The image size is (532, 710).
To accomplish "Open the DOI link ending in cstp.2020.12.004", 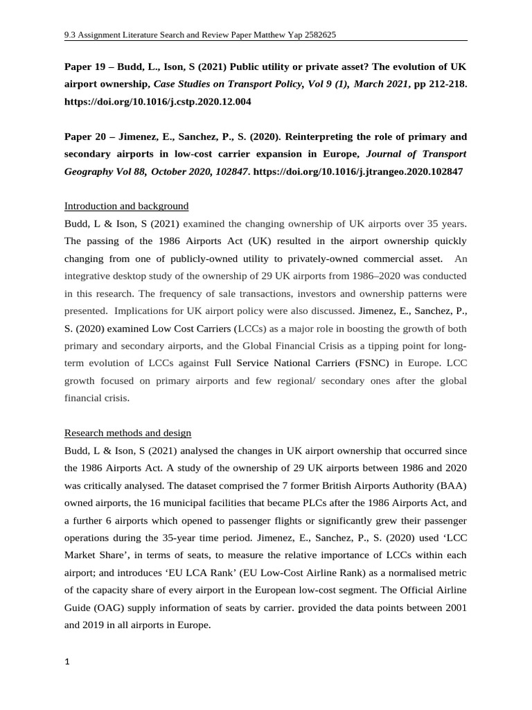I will click(x=158, y=101).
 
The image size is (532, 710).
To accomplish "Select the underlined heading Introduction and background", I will click(x=126, y=206).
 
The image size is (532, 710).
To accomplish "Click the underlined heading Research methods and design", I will click(x=127, y=433).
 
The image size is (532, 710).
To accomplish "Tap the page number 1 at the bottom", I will click(x=67, y=661).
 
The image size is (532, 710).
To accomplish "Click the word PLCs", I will click(x=276, y=502).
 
